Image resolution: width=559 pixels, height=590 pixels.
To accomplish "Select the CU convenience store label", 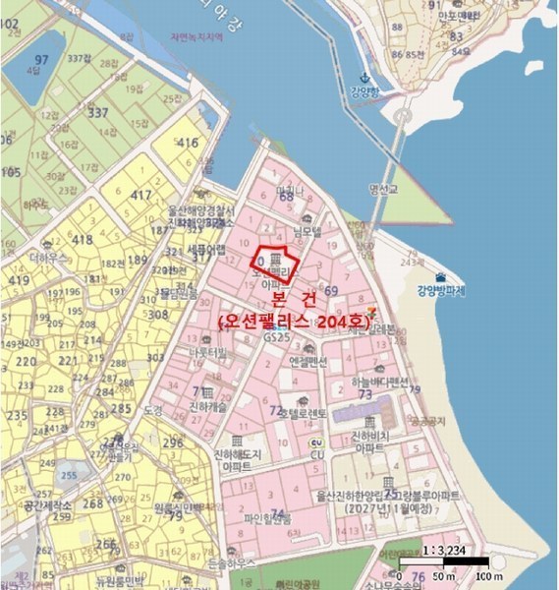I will [316, 455].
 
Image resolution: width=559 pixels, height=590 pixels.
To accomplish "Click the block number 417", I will [141, 195].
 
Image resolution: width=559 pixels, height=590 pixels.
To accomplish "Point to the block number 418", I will [82, 240].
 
